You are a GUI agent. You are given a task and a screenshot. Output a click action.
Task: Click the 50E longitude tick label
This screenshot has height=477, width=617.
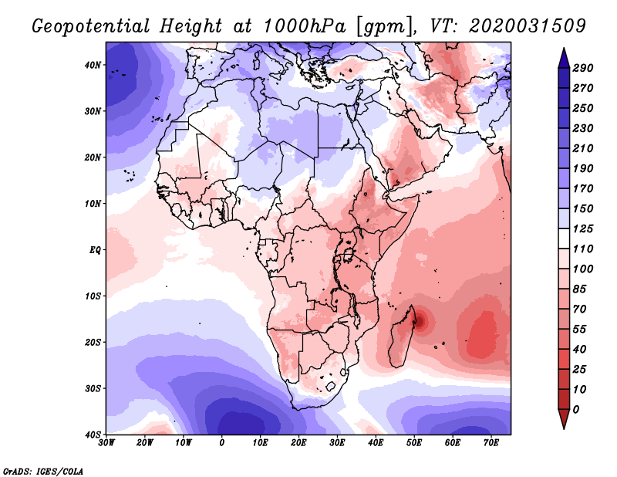(413, 443)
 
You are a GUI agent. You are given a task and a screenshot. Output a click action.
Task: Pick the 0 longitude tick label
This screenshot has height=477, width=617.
(222, 443)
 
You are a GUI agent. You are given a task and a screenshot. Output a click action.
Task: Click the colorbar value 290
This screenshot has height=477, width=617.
(583, 68)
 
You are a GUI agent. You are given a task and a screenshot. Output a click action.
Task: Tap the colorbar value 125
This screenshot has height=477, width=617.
(583, 229)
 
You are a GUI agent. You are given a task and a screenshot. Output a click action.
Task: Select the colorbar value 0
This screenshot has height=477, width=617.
(576, 408)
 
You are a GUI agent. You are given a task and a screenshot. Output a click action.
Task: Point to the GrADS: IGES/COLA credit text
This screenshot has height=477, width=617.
(43, 470)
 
